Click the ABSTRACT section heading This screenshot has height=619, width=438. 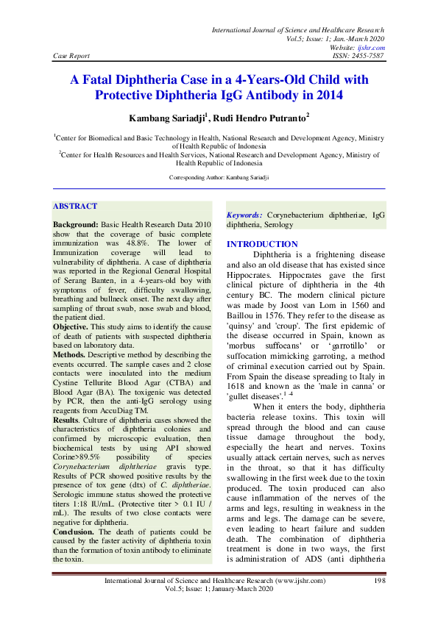pyautogui.click(x=75, y=207)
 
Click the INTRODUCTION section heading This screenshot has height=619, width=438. pyautogui.click(x=262, y=244)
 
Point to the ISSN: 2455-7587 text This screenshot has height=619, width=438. pyautogui.click(x=358, y=55)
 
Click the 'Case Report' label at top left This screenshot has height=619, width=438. pyautogui.click(x=71, y=55)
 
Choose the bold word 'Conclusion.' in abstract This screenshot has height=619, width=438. pyautogui.click(x=74, y=530)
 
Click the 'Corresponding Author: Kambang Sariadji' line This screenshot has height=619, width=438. pyautogui.click(x=219, y=178)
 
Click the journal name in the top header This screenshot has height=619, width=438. pyautogui.click(x=297, y=29)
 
